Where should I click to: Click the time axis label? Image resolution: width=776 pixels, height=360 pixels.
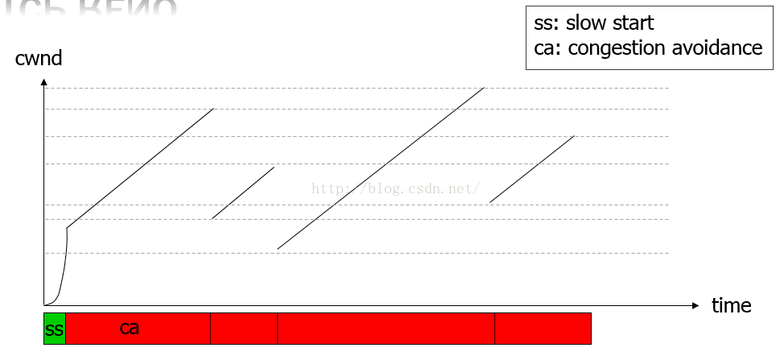731,306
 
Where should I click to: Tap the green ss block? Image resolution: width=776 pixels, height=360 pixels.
54,329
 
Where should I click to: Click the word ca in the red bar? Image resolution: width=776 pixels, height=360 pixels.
130,328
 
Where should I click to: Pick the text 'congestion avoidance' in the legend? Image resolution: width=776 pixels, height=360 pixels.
665,48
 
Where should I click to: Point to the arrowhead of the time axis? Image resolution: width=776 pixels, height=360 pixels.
696,305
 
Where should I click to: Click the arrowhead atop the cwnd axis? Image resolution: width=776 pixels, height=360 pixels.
44,82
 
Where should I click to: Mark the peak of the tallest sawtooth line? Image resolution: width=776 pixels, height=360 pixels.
483,88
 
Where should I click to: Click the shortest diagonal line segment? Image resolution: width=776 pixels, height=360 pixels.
243,192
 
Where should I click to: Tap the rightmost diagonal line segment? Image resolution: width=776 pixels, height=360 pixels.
532,168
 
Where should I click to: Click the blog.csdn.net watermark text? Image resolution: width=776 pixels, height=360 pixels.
396,188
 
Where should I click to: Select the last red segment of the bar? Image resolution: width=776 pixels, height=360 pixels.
543,329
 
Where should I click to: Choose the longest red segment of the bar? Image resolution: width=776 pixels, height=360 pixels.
386,329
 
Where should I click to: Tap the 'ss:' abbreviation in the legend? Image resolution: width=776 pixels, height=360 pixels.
547,23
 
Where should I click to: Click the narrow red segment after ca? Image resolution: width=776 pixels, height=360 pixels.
243,329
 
